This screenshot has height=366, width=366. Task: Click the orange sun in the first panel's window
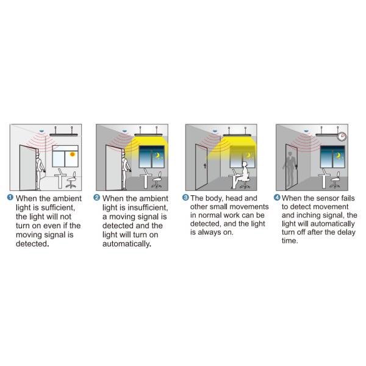click(x=73, y=154)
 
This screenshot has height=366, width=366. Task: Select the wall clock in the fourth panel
click(x=343, y=137)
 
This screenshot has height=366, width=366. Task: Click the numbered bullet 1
click(x=10, y=198)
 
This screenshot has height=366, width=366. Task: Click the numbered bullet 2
click(x=98, y=198)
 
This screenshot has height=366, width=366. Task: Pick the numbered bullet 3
click(x=185, y=198)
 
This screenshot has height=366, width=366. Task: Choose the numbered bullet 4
click(x=278, y=198)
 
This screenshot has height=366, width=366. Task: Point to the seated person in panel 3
click(x=242, y=175)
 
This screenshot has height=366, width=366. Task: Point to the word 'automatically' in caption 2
click(x=126, y=244)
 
